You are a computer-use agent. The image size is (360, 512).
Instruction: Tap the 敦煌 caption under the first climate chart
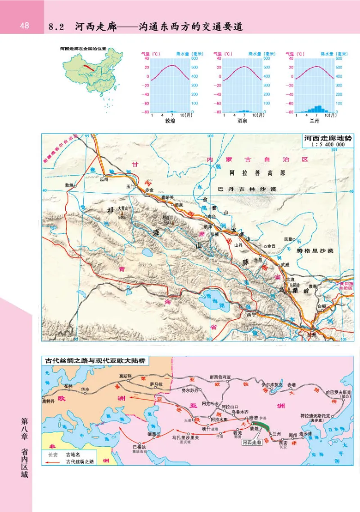click(170, 121)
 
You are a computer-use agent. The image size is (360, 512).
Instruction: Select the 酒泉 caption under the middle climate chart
click(243, 121)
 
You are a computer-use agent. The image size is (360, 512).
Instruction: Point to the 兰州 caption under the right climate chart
click(315, 121)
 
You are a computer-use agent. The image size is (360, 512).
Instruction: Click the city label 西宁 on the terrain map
click(251, 314)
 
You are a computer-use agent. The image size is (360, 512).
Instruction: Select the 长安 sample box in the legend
click(53, 454)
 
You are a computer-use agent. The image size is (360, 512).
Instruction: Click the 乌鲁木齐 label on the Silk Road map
click(239, 411)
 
